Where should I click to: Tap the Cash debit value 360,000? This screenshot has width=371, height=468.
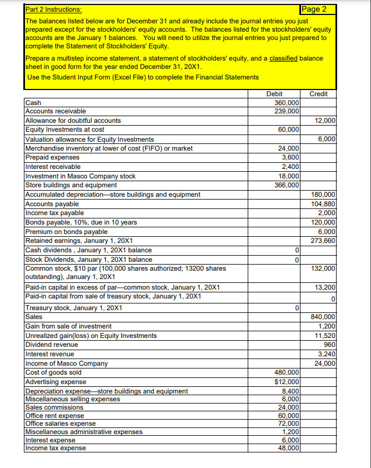click(x=287, y=103)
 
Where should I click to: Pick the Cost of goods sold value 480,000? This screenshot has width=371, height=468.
click(x=287, y=372)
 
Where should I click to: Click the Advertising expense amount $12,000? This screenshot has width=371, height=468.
click(x=287, y=381)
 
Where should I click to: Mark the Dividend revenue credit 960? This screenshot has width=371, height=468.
click(x=328, y=344)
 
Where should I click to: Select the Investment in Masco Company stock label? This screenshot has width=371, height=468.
click(x=81, y=176)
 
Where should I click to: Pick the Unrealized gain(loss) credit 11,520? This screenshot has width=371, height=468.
click(x=324, y=335)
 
